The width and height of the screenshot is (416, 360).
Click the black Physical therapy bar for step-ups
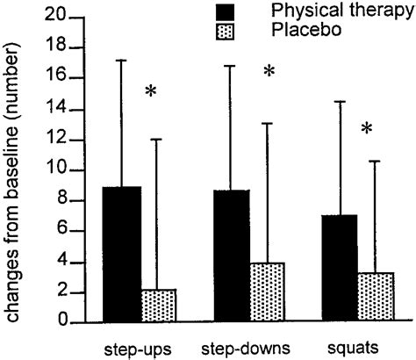(122, 255)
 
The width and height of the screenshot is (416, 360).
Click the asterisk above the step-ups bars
(150, 91)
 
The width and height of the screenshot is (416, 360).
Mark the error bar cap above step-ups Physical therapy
(122, 60)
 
